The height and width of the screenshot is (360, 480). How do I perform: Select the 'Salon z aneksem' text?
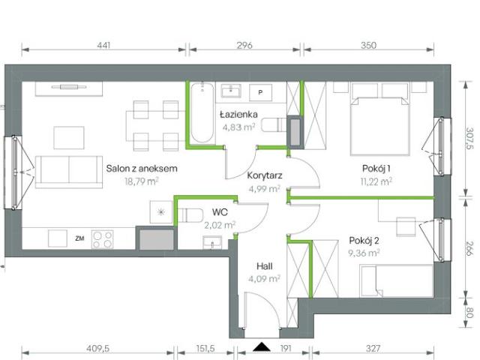pyautogui.click(x=141, y=169)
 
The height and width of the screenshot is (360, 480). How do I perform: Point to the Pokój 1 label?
pyautogui.click(x=374, y=168)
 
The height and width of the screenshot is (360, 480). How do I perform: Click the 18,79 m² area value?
pyautogui.click(x=141, y=181)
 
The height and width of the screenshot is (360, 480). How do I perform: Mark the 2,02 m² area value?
pyautogui.click(x=220, y=223)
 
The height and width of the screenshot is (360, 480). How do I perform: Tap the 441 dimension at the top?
pyautogui.click(x=104, y=46)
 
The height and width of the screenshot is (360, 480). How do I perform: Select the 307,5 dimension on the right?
pyautogui.click(x=469, y=139)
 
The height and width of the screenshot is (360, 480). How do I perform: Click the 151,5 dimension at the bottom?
pyautogui.click(x=205, y=348)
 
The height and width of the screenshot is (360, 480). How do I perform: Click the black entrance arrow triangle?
pyautogui.click(x=262, y=346)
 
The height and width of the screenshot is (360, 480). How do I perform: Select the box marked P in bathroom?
pyautogui.click(x=259, y=91)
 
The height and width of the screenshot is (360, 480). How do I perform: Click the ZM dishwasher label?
pyautogui.click(x=79, y=238)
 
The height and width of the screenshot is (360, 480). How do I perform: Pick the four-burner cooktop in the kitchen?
pyautogui.click(x=103, y=239)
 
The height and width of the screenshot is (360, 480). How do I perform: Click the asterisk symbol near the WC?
pyautogui.click(x=160, y=213)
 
